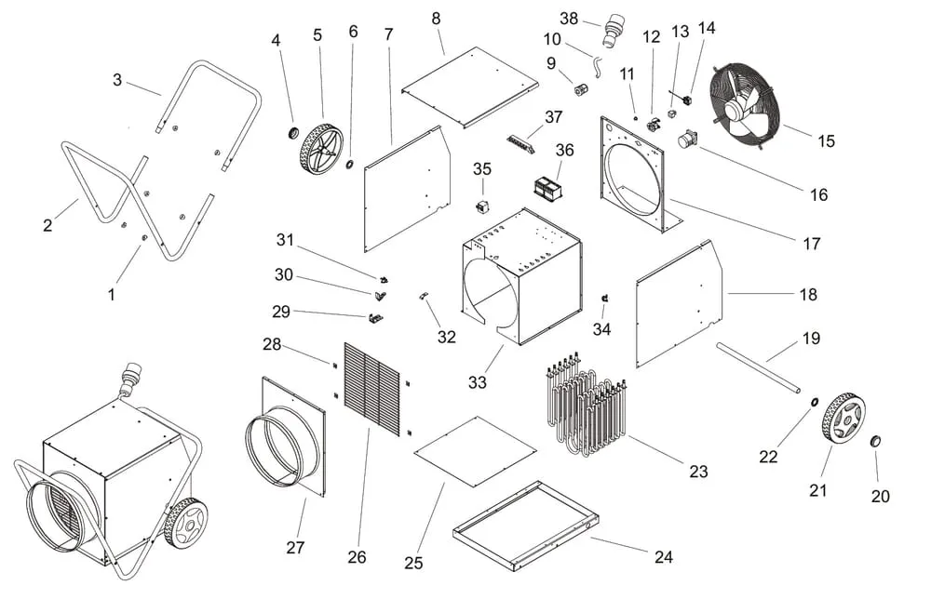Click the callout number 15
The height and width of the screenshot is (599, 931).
[x=826, y=141]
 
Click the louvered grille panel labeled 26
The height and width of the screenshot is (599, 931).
[x=371, y=388]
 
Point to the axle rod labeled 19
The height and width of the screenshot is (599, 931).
[x=759, y=366]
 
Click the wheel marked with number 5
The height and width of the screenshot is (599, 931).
[x=321, y=149]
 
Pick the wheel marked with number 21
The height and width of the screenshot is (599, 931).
[x=843, y=419]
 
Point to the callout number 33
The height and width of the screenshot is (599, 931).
[x=478, y=381]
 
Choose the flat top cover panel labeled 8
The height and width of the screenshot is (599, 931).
[x=470, y=87]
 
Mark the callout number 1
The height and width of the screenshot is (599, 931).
[x=112, y=295]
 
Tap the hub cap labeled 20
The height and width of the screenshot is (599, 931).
[x=876, y=440]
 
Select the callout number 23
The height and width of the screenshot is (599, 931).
[x=698, y=472]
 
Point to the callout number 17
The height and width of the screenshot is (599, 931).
[x=811, y=244]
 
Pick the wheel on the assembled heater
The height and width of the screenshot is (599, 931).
[x=185, y=522]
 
